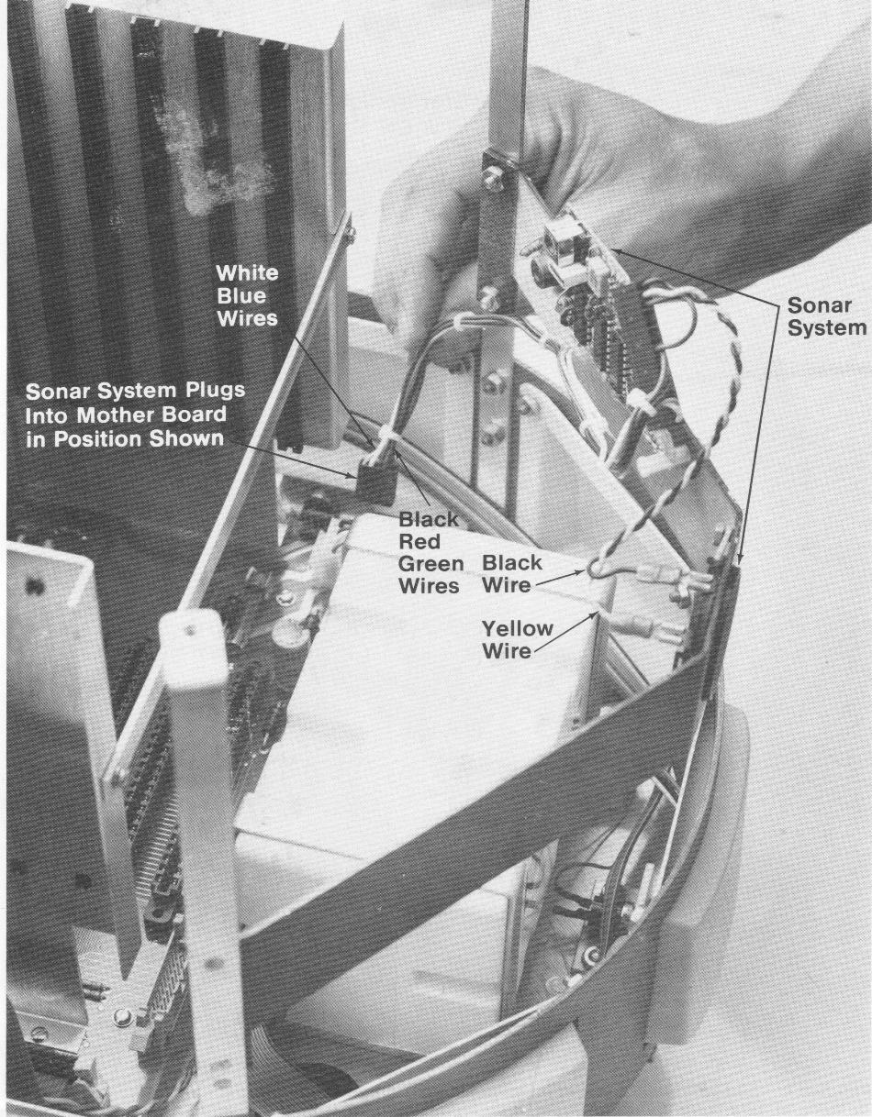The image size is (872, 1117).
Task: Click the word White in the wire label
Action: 247,272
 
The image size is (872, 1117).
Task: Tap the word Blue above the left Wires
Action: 241,295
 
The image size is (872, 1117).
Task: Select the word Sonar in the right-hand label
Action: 819,305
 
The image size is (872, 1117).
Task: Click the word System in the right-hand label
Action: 827,328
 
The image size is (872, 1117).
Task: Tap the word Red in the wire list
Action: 419,542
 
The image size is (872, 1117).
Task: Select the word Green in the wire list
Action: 431,564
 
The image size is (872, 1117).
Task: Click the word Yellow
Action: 517,629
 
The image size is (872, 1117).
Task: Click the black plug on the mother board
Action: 376,481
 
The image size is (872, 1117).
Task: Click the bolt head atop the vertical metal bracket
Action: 493,180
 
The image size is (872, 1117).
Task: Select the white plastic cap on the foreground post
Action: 193,648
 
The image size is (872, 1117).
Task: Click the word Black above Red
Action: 428,519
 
